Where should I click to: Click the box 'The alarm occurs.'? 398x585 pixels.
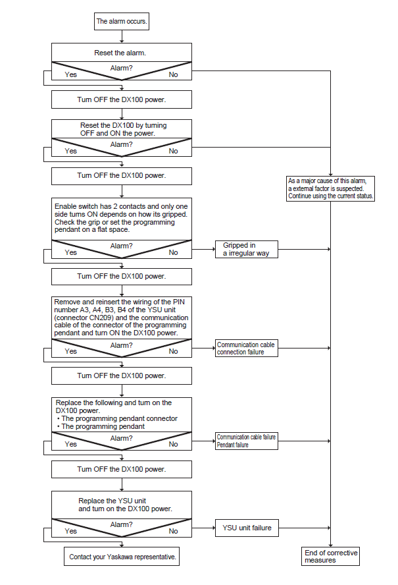click(122, 21)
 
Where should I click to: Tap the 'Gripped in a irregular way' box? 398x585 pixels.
click(246, 249)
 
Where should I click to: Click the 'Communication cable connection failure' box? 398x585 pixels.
click(246, 348)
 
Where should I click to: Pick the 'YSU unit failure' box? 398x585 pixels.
click(247, 528)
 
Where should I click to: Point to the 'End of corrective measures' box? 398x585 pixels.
click(330, 556)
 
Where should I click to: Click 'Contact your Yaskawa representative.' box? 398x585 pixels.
click(122, 556)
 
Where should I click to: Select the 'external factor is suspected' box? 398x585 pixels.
click(330, 189)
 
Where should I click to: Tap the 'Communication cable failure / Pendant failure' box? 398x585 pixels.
click(246, 441)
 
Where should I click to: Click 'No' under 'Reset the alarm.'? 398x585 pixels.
click(173, 74)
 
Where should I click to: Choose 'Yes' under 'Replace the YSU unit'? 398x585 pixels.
click(70, 531)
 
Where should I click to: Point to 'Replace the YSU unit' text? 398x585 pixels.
click(112, 501)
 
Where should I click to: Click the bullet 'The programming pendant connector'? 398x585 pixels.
click(117, 418)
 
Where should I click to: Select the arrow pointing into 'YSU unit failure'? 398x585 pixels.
click(203, 528)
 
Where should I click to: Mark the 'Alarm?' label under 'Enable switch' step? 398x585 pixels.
click(121, 246)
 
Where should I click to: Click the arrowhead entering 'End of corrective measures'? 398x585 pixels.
click(330, 545)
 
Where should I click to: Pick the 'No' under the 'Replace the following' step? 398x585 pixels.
click(173, 444)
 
